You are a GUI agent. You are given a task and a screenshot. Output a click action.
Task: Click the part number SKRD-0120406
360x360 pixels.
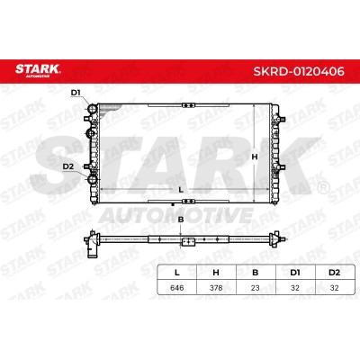(x=299, y=71)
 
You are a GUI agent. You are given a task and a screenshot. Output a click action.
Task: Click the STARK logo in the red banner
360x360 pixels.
(x=38, y=70)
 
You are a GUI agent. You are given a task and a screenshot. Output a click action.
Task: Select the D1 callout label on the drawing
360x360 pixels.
(x=76, y=93)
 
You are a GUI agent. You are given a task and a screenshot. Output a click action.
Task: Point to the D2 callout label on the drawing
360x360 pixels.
(x=68, y=166)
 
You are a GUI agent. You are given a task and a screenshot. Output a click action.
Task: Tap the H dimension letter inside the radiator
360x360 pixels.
(x=255, y=157)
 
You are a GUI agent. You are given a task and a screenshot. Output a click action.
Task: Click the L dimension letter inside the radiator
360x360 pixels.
(x=181, y=190)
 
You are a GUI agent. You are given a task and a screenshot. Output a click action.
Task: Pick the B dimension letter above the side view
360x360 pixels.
(x=181, y=220)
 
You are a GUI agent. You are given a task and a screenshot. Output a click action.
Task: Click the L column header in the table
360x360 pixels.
(x=177, y=273)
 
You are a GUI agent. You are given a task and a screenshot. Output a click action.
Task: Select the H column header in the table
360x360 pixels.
(x=216, y=273)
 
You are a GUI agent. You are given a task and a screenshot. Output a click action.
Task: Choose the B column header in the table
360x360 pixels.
(x=255, y=273)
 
